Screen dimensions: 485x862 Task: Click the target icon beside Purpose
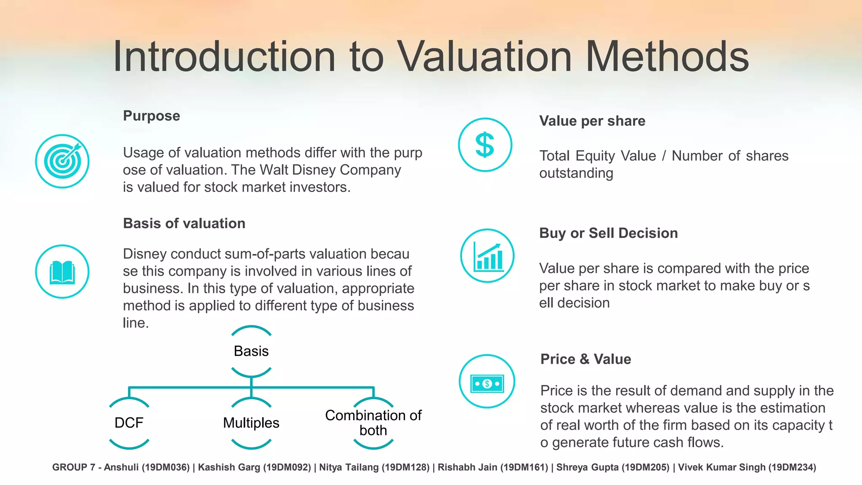click(62, 161)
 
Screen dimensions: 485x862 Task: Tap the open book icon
click(62, 272)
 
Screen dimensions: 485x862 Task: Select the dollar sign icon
click(485, 145)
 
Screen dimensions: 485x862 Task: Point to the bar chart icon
click(487, 256)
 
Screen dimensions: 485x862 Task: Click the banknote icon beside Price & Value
click(487, 381)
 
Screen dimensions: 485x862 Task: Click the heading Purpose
click(152, 116)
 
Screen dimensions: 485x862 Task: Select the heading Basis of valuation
click(184, 223)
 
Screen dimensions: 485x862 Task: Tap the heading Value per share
click(592, 121)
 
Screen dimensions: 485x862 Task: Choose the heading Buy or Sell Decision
click(609, 233)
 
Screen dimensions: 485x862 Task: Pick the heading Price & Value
click(586, 359)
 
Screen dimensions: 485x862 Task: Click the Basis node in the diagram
click(251, 351)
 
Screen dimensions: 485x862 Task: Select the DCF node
click(129, 423)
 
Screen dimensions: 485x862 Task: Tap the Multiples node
click(251, 423)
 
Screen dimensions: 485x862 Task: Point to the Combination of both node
click(373, 423)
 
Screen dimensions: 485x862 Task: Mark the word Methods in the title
click(667, 57)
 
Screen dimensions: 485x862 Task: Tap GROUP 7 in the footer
click(74, 467)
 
